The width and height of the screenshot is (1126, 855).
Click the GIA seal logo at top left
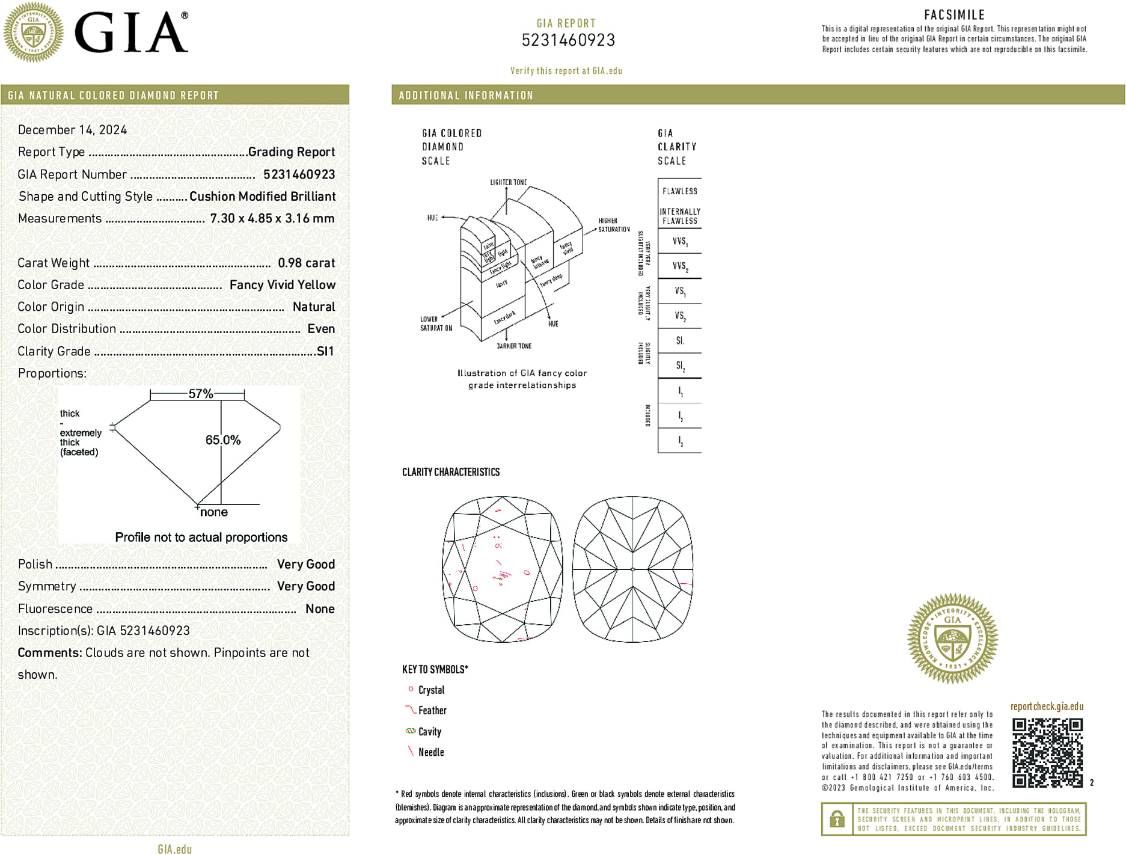point(34,32)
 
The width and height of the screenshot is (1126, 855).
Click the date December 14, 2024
point(72,130)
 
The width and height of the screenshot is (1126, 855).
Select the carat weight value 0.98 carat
point(306,263)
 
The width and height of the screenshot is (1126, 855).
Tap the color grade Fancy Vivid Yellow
point(282,285)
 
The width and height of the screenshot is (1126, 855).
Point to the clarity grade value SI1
point(325,351)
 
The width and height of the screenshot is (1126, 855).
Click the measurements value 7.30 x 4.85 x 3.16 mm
point(272,218)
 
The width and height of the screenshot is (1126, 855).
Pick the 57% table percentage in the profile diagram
point(201,394)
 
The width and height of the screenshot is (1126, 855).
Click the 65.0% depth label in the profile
point(223,440)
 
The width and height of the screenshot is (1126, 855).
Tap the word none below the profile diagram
point(214,512)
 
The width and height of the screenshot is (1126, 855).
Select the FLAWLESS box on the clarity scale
point(680,191)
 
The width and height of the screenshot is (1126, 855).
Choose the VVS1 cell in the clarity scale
point(680,242)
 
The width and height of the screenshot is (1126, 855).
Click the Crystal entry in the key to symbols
point(431,690)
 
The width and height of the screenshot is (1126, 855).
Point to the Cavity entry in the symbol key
point(429,732)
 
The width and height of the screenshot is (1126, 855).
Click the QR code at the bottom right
point(1047,753)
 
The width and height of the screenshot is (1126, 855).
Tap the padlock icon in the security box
point(837,819)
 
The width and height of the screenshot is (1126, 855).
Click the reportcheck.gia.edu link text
point(1047,706)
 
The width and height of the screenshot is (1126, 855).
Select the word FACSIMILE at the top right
point(954,15)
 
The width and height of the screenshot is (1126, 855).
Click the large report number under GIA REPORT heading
point(568,40)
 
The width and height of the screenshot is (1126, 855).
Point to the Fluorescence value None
point(320,608)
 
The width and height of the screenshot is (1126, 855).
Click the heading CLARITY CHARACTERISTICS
point(451,473)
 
